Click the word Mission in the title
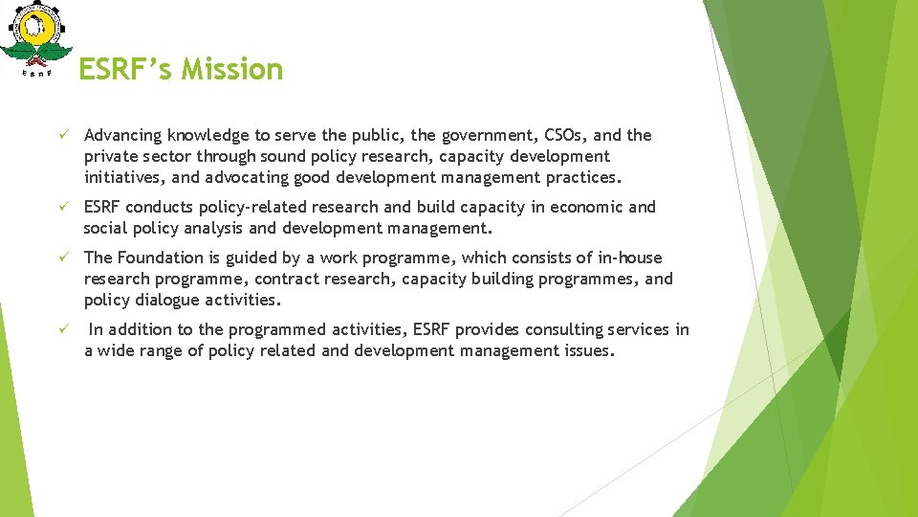(x=235, y=69)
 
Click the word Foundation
(x=163, y=258)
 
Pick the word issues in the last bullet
(x=590, y=350)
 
